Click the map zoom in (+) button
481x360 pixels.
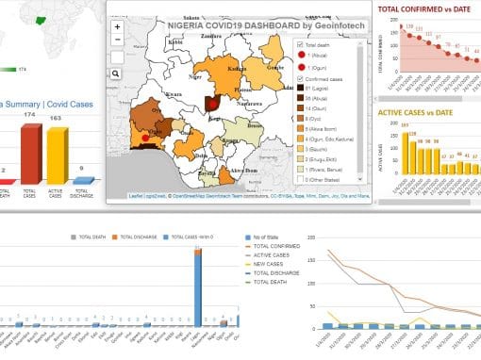(117, 27)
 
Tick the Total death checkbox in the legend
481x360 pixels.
(300, 44)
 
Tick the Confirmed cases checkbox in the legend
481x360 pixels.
(300, 79)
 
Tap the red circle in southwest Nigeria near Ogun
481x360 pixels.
(143, 139)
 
